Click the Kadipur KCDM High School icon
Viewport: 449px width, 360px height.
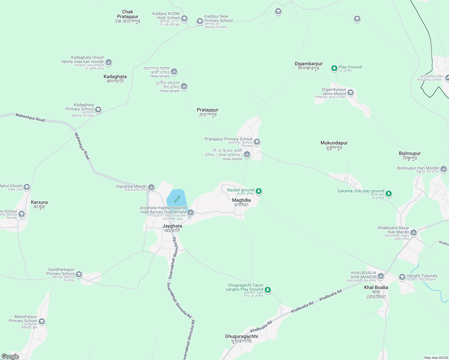pos(184,19)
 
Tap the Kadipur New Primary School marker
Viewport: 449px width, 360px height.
pos(200,21)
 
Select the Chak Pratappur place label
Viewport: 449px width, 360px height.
pos(128,16)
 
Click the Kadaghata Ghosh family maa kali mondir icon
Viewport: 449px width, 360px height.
pos(109,62)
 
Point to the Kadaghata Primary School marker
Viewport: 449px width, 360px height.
pos(98,110)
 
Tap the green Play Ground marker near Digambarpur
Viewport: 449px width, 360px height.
pos(334,68)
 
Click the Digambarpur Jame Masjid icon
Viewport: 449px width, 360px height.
pos(351,92)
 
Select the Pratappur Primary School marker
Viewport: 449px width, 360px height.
pos(257,142)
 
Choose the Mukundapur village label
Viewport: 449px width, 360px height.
pos(334,145)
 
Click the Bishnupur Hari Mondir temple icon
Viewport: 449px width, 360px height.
pos(444,169)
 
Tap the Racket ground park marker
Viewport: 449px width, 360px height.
pos(258,191)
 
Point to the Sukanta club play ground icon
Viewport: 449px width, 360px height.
pos(389,193)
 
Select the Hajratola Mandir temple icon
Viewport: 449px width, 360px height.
pos(151,187)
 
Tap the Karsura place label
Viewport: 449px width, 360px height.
pos(39,205)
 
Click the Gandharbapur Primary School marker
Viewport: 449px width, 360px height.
pos(79,274)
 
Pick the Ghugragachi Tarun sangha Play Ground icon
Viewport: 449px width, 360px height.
pos(268,290)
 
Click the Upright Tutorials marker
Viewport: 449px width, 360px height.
pos(402,277)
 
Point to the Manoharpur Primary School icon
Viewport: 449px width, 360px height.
pos(42,322)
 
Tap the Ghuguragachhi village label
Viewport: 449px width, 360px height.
pos(242,339)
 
